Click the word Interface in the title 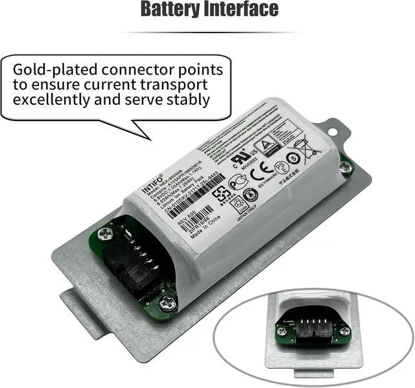coord(242,10)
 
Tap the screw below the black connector coord(167,301)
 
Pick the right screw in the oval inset coord(344,330)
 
